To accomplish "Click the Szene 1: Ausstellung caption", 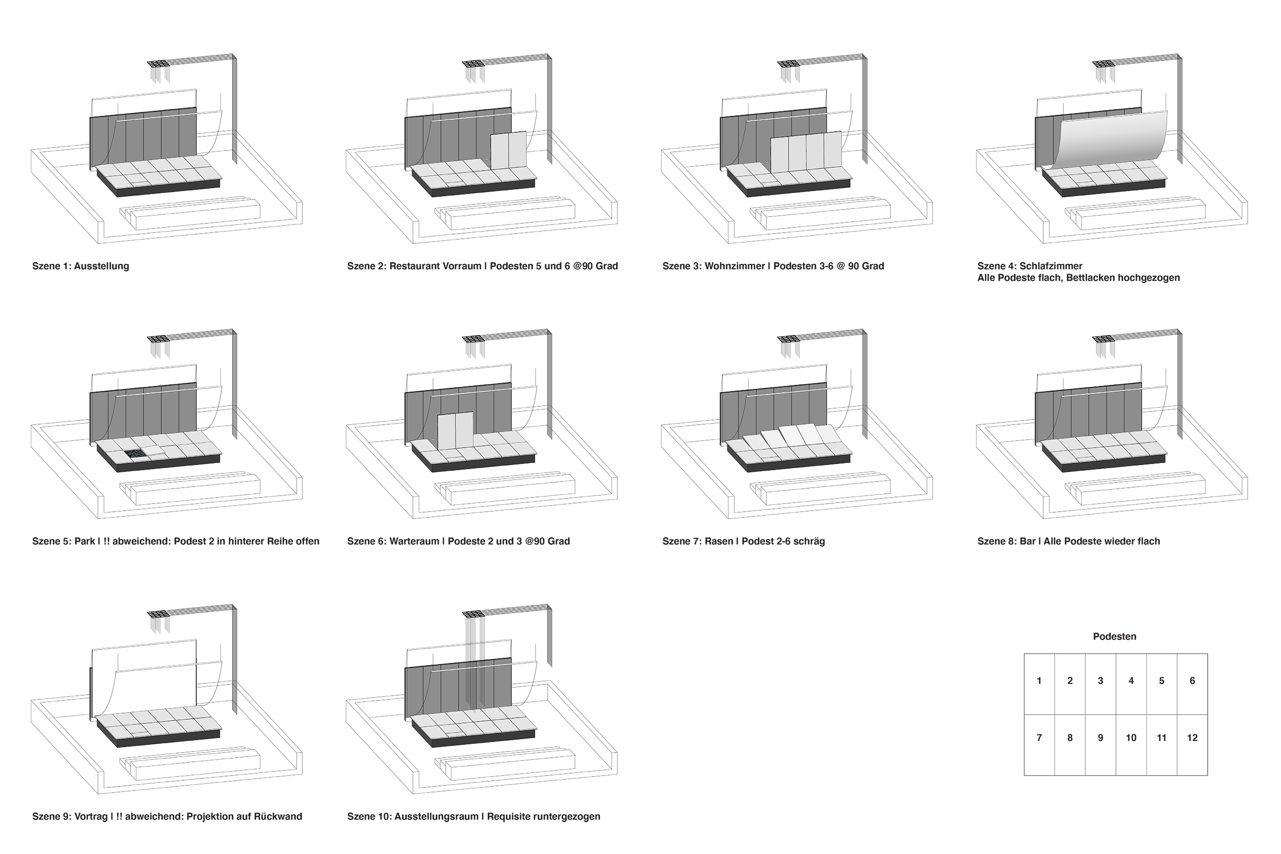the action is click(x=80, y=266).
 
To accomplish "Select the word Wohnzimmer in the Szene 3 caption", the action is click(x=735, y=266).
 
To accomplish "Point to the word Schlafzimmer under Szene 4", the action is click(x=1050, y=266).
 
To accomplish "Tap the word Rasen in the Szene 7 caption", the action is click(x=718, y=541).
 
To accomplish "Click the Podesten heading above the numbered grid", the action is click(x=1114, y=637).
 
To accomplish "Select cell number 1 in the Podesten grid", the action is click(x=1039, y=681).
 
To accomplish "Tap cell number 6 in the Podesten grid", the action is click(x=1192, y=681).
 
